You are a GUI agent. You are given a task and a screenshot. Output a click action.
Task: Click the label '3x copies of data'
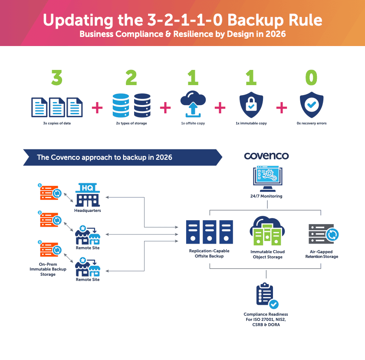[x=56, y=123]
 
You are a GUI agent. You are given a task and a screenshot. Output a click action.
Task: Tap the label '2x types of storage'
[x=131, y=123]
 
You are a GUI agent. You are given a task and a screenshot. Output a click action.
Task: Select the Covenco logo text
[x=266, y=156]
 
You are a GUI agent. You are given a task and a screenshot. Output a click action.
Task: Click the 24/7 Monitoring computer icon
[x=266, y=178]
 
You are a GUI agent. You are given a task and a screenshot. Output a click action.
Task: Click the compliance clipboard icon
[x=266, y=296]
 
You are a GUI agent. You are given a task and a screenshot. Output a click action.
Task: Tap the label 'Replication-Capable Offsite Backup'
[x=209, y=254]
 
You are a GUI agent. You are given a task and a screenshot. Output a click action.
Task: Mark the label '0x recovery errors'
[x=311, y=123]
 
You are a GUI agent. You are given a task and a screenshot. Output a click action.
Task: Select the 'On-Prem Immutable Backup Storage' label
[x=48, y=269]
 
